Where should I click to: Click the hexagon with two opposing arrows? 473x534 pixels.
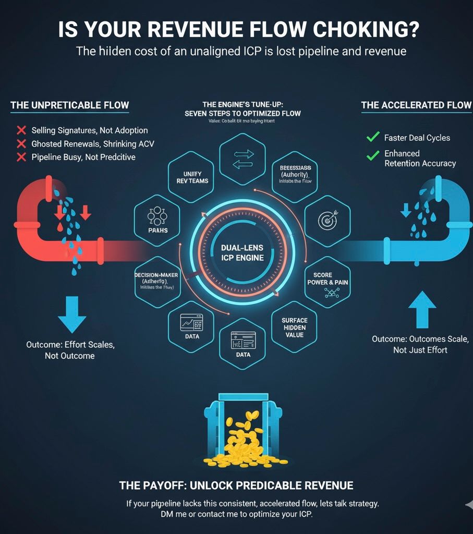click(243, 158)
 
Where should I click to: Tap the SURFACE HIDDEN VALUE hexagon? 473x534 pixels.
click(294, 328)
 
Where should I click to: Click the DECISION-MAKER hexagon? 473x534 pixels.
click(157, 280)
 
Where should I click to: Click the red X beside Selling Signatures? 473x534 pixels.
click(21, 130)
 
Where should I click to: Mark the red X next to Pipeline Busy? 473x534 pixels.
click(21, 157)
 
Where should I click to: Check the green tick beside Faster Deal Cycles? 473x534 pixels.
click(372, 138)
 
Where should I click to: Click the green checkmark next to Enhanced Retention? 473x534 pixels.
click(372, 155)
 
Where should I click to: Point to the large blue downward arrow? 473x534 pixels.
click(71, 314)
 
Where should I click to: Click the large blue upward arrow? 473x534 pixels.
click(421, 309)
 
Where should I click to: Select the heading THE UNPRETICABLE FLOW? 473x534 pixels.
click(69, 105)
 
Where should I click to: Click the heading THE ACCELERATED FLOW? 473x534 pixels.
click(416, 105)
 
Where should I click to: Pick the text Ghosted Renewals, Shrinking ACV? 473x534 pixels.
click(92, 144)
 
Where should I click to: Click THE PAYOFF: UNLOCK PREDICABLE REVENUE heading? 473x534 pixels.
click(236, 486)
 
